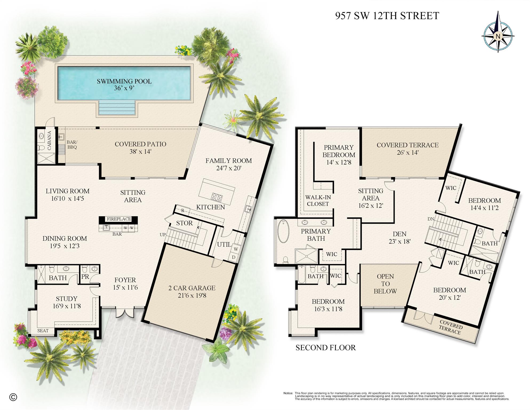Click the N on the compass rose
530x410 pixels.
click(498, 36)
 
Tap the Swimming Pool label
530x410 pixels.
click(124, 84)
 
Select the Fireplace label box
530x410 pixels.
click(119, 219)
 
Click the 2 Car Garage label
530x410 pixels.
click(192, 291)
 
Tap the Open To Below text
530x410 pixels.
click(385, 284)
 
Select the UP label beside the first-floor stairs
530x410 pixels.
click(162, 235)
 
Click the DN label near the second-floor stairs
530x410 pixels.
click(431, 219)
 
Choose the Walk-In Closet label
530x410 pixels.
click(318, 201)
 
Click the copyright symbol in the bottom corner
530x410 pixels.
click(13, 397)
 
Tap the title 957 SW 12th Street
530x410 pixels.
click(387, 16)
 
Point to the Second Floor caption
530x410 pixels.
click(325, 347)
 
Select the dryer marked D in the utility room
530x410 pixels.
click(234, 257)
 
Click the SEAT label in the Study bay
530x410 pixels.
click(43, 331)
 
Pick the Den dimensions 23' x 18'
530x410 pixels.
click(399, 241)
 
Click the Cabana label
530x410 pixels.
click(49, 140)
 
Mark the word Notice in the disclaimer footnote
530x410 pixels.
click(288, 393)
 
